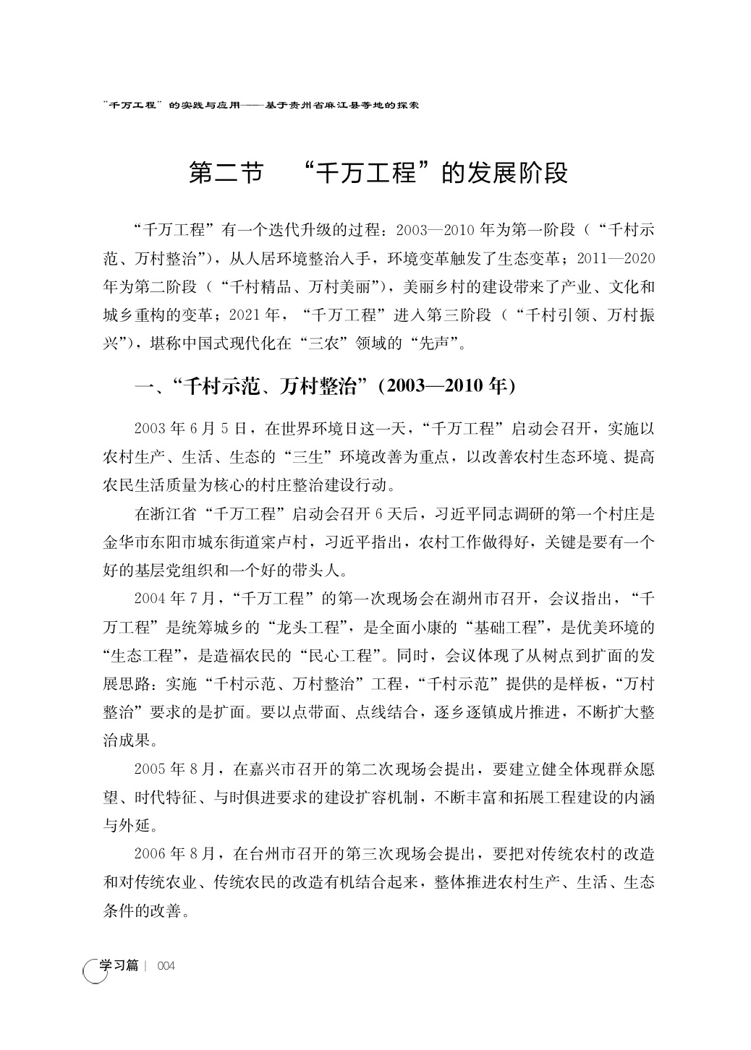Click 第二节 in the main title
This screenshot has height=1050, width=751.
(225, 174)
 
